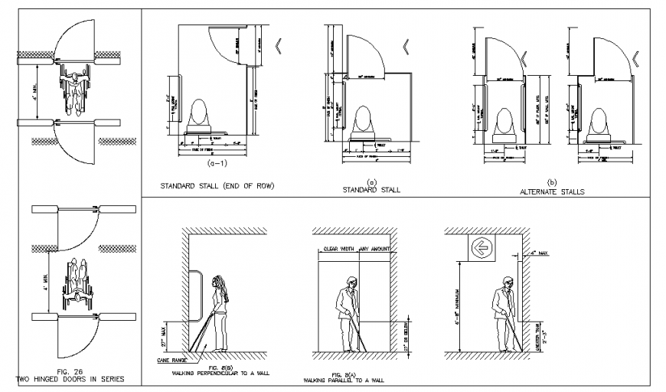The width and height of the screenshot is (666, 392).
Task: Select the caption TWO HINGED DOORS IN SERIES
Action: tap(70, 378)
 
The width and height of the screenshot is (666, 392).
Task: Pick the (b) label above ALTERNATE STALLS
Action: tap(553, 182)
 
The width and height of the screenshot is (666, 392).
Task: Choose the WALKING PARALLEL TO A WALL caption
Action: tap(345, 379)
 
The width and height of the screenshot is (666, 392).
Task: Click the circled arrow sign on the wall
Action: tap(482, 247)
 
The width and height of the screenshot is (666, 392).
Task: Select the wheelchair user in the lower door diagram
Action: tap(75, 279)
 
